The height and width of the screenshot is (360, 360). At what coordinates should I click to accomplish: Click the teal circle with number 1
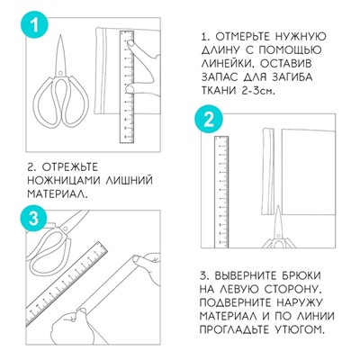point(33,24)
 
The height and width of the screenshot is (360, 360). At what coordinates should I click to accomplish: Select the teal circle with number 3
point(32,219)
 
